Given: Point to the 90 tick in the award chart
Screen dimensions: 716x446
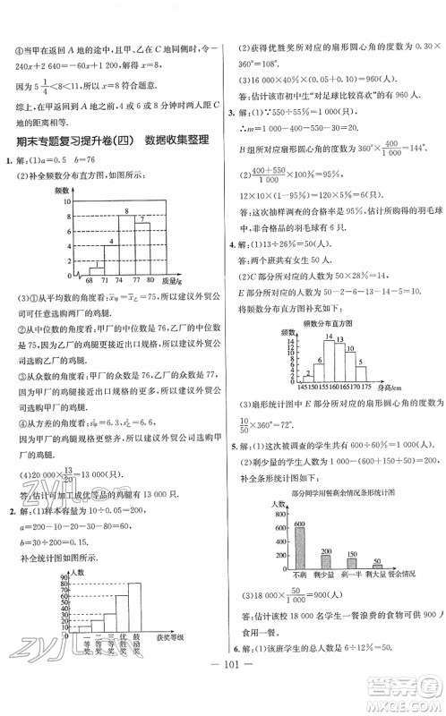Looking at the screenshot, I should pyautogui.click(x=66, y=575).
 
